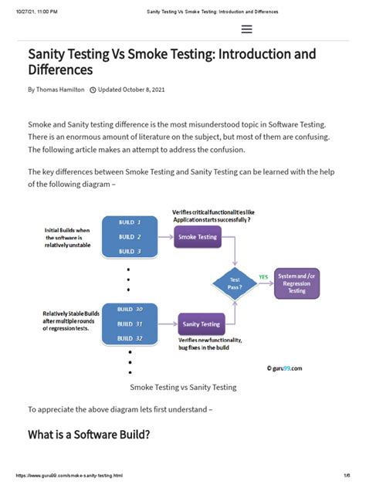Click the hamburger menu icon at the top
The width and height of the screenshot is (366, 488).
point(247,29)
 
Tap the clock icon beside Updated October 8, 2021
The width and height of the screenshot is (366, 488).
point(93,90)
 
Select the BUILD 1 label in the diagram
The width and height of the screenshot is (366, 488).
point(129,222)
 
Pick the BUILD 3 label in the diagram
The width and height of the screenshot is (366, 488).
point(129,251)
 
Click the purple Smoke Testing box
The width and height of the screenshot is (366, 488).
point(198,237)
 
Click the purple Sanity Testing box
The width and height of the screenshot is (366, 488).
point(201,324)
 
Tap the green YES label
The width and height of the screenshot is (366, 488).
point(263,276)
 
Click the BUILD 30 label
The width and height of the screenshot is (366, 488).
point(129,309)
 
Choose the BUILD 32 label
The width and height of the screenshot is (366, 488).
point(129,337)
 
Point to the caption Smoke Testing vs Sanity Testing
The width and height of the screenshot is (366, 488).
point(183,387)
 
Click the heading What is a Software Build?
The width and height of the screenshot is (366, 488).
point(89,435)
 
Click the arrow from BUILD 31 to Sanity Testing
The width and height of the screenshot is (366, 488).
point(168,324)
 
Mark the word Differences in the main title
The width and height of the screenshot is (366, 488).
point(60,69)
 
